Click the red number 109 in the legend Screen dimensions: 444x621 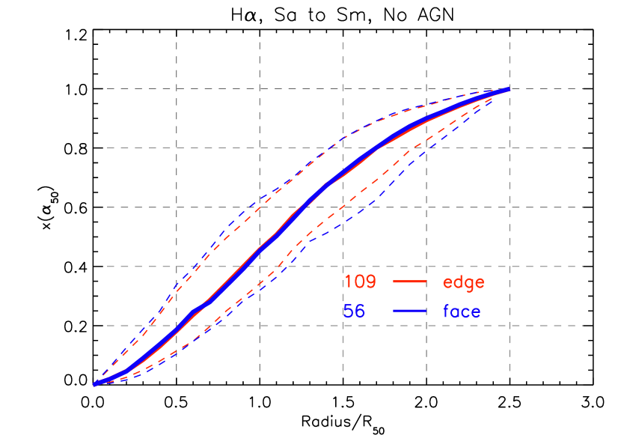(x=360, y=282)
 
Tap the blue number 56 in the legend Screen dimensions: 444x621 (x=355, y=311)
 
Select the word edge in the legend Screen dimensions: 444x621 (x=464, y=283)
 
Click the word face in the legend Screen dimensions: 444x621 (x=462, y=311)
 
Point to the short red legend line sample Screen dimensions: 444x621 (x=409, y=282)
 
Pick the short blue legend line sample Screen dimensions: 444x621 (x=409, y=311)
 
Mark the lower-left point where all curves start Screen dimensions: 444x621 (x=95, y=384)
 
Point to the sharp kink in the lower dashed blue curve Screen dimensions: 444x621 (x=305, y=244)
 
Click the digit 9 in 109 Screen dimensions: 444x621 (x=371, y=282)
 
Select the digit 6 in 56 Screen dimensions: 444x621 (x=360, y=311)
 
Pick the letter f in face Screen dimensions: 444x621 (x=447, y=311)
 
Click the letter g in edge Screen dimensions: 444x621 (x=468, y=284)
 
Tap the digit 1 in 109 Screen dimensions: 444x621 (x=349, y=282)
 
